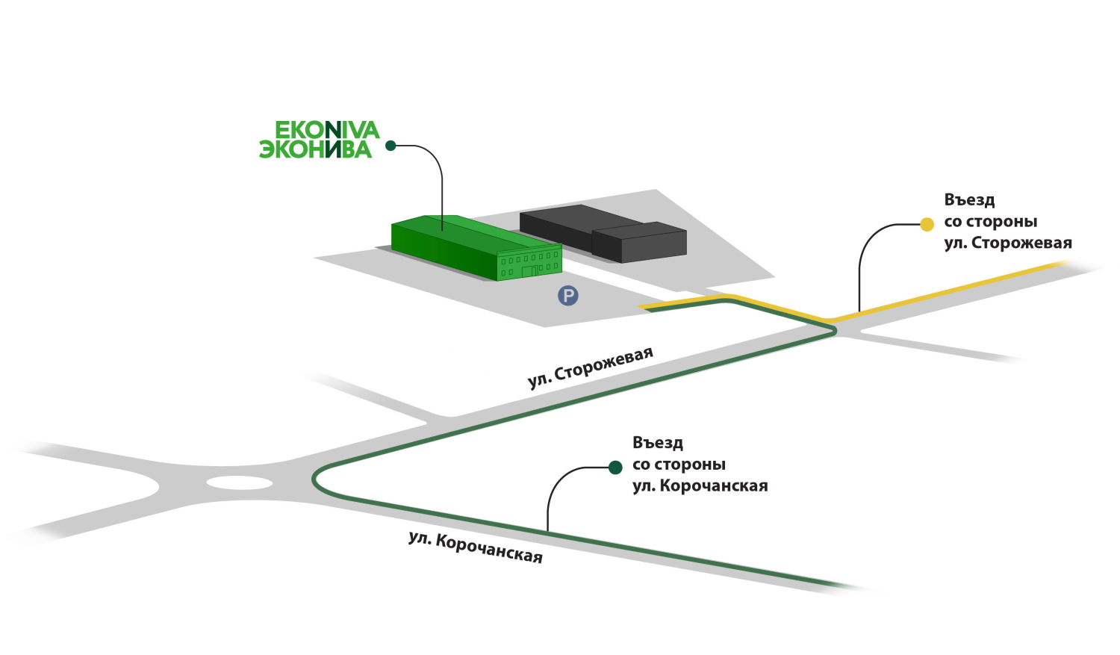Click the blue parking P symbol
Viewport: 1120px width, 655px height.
(568, 296)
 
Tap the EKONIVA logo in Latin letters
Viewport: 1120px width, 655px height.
(327, 130)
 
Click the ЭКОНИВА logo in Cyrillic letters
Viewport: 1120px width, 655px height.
(316, 149)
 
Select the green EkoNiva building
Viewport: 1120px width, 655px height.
(476, 248)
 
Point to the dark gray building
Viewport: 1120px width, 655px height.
(603, 234)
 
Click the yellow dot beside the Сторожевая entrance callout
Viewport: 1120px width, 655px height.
(927, 225)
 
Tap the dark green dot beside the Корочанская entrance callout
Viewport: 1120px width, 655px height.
(615, 468)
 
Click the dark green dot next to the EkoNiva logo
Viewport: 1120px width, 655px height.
(391, 146)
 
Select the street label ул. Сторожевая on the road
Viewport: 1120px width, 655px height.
(591, 367)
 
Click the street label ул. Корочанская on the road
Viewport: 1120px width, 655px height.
(476, 548)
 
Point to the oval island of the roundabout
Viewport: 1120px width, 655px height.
(240, 483)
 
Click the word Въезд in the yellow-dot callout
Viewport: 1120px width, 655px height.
(969, 200)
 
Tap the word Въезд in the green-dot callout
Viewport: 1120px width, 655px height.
(658, 443)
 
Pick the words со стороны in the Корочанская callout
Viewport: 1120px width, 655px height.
(679, 465)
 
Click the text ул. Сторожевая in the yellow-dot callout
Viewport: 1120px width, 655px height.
(1008, 243)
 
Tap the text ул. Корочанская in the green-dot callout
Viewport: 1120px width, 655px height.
(700, 486)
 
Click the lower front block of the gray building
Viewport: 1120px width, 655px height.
(639, 243)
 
